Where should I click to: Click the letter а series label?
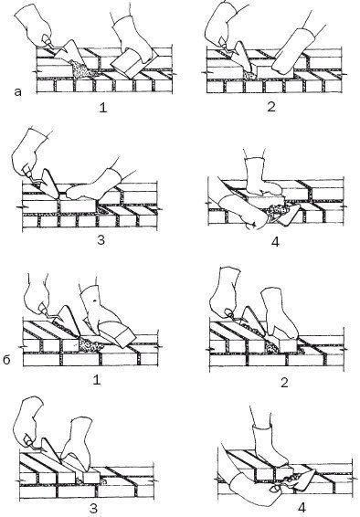[17, 91]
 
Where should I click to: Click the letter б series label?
[6, 360]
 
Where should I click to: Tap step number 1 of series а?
[103, 108]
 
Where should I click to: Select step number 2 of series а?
[271, 107]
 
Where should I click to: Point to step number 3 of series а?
[101, 239]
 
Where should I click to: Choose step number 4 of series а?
[275, 242]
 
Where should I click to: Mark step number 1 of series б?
[97, 380]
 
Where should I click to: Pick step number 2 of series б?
[284, 383]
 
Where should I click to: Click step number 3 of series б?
[93, 509]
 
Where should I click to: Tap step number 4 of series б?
[301, 508]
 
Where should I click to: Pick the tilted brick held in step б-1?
[117, 333]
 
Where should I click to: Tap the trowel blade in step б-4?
[302, 478]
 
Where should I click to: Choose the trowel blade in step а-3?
[49, 184]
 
